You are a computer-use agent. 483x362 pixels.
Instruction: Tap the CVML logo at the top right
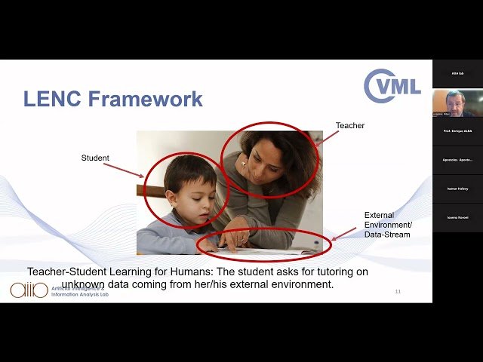392,85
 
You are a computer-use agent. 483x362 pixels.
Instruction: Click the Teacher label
349,125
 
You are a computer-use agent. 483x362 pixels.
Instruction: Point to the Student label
95,158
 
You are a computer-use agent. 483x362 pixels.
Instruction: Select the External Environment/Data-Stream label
388,225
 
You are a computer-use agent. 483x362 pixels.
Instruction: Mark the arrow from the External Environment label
344,234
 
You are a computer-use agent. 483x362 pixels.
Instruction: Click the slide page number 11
398,291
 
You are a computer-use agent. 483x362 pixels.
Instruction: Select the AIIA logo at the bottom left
29,290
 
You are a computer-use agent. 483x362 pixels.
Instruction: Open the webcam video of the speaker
457,103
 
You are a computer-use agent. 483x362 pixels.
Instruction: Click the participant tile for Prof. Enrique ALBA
457,131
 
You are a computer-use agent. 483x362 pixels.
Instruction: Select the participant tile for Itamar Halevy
457,189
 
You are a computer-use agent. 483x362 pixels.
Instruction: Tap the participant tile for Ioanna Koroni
457,217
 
